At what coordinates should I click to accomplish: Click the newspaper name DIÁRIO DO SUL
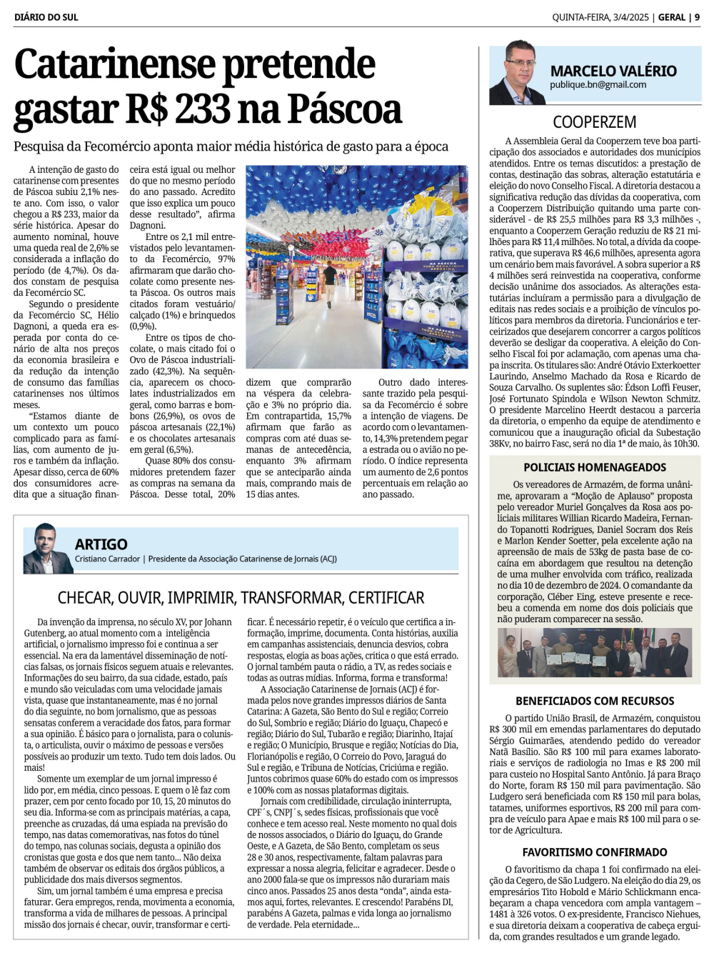[x=46, y=17]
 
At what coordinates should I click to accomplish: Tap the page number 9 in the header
[x=697, y=17]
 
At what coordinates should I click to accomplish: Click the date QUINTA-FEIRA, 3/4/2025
[x=600, y=17]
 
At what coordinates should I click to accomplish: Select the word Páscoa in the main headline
[x=345, y=109]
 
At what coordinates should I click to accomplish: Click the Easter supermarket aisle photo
[x=356, y=266]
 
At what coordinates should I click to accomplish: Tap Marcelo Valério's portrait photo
[x=517, y=74]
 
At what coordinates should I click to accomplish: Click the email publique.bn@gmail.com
[x=598, y=85]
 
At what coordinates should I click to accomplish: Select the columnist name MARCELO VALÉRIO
[x=613, y=71]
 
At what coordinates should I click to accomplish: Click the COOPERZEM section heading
[x=594, y=122]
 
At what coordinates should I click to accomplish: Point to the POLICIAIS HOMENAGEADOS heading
[x=594, y=467]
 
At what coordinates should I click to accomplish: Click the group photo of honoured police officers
[x=594, y=652]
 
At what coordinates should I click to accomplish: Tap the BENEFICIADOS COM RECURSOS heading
[x=594, y=701]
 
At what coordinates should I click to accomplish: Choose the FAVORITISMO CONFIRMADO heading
[x=594, y=852]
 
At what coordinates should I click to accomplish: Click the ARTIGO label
[x=101, y=544]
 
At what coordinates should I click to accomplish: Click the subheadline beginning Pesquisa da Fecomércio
[x=231, y=146]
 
